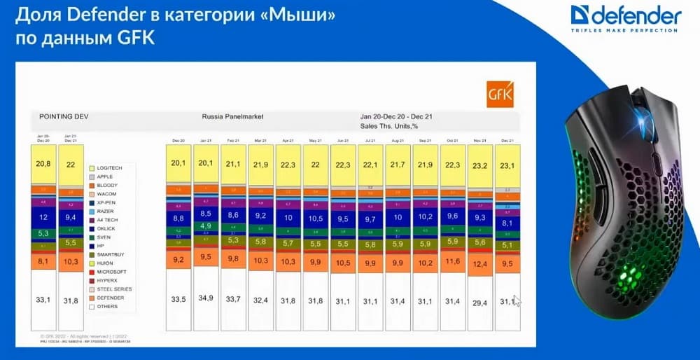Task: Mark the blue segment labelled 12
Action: (43, 217)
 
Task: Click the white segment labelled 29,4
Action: (480, 303)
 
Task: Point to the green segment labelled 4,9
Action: (206, 226)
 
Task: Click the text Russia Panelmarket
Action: (229, 116)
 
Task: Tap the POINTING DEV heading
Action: (63, 116)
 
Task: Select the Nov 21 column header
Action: (480, 141)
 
